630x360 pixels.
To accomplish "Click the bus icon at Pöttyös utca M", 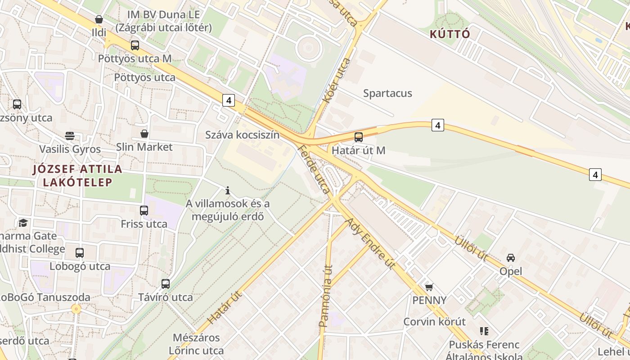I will [135, 45].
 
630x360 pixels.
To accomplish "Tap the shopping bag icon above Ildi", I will [99, 20].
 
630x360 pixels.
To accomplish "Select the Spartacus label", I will [387, 94].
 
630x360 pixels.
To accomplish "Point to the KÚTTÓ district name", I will [450, 34].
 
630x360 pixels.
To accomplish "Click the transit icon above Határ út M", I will [359, 137].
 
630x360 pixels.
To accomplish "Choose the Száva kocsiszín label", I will [242, 135].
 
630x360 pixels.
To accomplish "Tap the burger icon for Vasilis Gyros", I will [69, 136].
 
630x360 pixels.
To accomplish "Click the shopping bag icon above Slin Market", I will [144, 134].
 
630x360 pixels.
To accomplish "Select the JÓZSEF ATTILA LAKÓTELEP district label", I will [77, 175].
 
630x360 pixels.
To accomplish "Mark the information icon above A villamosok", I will [228, 190].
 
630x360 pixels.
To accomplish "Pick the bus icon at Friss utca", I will [144, 211].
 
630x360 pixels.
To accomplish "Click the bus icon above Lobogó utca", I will [80, 253].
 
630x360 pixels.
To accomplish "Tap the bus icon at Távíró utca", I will [166, 284].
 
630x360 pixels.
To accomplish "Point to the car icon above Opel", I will [511, 258].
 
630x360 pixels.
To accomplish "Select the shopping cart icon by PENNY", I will [429, 287].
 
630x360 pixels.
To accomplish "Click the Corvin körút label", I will [434, 322].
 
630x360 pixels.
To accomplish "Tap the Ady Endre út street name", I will [370, 243].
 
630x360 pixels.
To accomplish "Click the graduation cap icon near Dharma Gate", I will [23, 223].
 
